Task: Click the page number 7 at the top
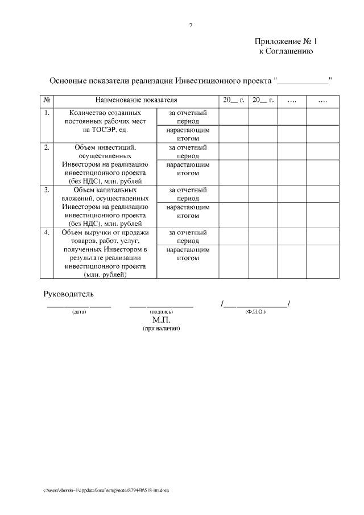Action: [191, 25]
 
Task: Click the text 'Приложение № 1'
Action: [283, 42]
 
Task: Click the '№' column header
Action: [47, 101]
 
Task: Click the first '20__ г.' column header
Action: [233, 101]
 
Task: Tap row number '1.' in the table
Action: [47, 113]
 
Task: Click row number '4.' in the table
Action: [47, 232]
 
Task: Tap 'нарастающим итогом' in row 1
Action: [188, 134]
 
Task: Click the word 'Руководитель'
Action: [69, 294]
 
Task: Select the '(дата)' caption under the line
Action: [79, 312]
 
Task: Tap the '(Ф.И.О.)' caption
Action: [255, 312]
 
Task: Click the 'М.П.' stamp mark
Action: [162, 320]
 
